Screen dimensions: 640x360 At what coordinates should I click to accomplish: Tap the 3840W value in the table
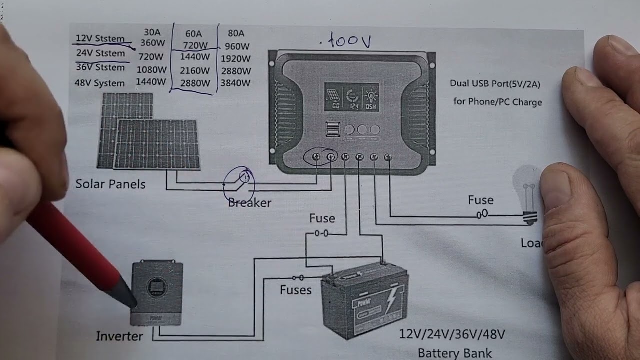(x=235, y=83)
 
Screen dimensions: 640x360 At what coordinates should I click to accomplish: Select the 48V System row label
(x=99, y=83)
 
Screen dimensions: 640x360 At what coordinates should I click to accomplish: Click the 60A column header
(x=194, y=34)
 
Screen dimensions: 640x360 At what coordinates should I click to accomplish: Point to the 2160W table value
(x=194, y=70)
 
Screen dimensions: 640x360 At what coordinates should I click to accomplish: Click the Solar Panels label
(x=110, y=184)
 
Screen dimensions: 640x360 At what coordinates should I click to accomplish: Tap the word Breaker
(x=249, y=203)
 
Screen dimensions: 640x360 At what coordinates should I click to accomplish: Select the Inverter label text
(x=119, y=336)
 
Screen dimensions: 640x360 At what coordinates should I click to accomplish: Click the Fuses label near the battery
(x=295, y=290)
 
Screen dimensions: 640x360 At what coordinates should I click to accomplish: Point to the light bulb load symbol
(x=529, y=195)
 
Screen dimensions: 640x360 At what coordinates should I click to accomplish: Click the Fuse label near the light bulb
(x=480, y=200)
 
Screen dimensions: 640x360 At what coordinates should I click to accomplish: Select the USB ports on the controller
(x=332, y=129)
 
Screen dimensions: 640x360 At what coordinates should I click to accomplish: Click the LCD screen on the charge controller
(x=351, y=96)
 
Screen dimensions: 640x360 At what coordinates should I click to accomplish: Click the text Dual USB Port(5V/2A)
(x=495, y=84)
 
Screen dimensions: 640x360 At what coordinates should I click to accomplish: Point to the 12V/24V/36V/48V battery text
(x=452, y=334)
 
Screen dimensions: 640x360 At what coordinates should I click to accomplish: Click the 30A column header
(x=152, y=33)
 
